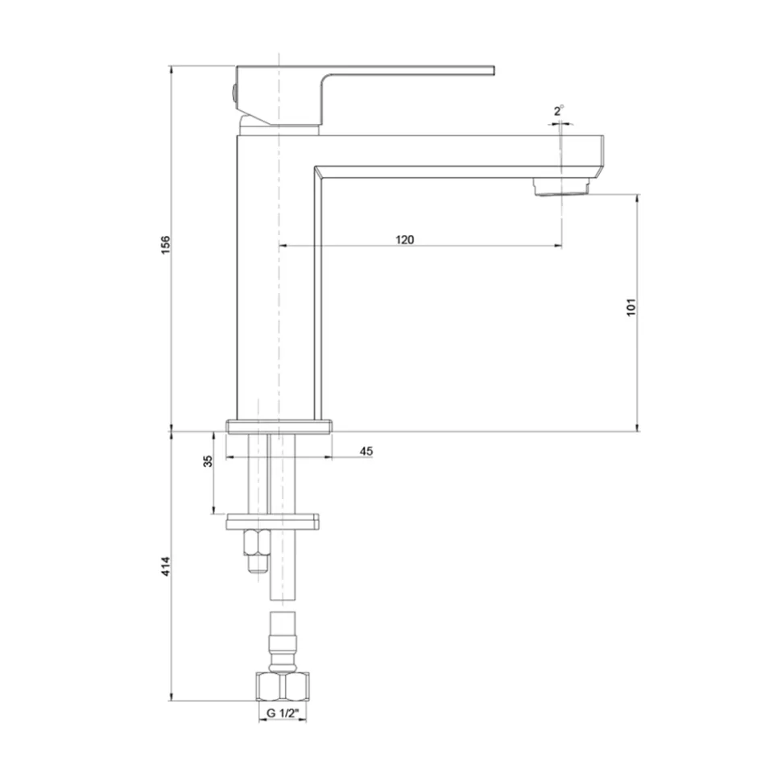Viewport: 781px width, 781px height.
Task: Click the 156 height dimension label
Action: click(x=165, y=245)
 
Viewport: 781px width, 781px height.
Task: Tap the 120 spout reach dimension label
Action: click(x=404, y=240)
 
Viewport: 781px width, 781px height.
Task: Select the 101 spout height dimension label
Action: click(x=630, y=308)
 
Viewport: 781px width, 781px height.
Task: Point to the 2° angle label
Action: click(x=558, y=110)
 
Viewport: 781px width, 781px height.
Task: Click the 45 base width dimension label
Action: click(x=366, y=451)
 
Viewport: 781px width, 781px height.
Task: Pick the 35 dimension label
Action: click(x=208, y=461)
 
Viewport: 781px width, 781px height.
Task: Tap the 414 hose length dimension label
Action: click(x=166, y=566)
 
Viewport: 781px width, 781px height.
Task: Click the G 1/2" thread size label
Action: click(x=283, y=713)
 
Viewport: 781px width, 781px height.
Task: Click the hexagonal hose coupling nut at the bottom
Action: click(x=283, y=687)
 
